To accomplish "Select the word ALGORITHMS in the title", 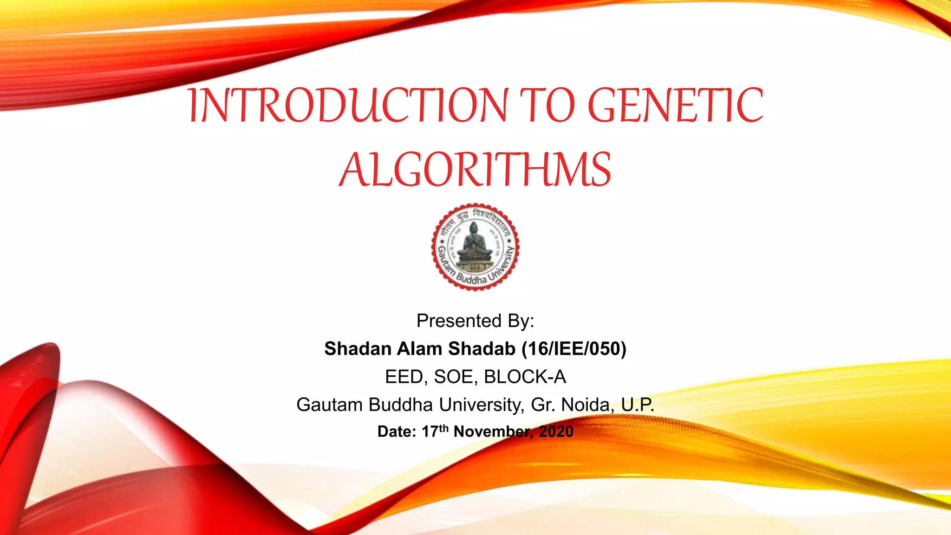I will point(475,170).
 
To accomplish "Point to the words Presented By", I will point(475,321).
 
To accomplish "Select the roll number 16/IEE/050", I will point(574,349).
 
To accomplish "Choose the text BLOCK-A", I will point(525,377).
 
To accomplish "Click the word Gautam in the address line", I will point(329,405).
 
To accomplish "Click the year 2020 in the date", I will point(556,432).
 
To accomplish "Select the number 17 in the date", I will point(430,432).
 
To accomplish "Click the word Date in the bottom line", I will point(395,432).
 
